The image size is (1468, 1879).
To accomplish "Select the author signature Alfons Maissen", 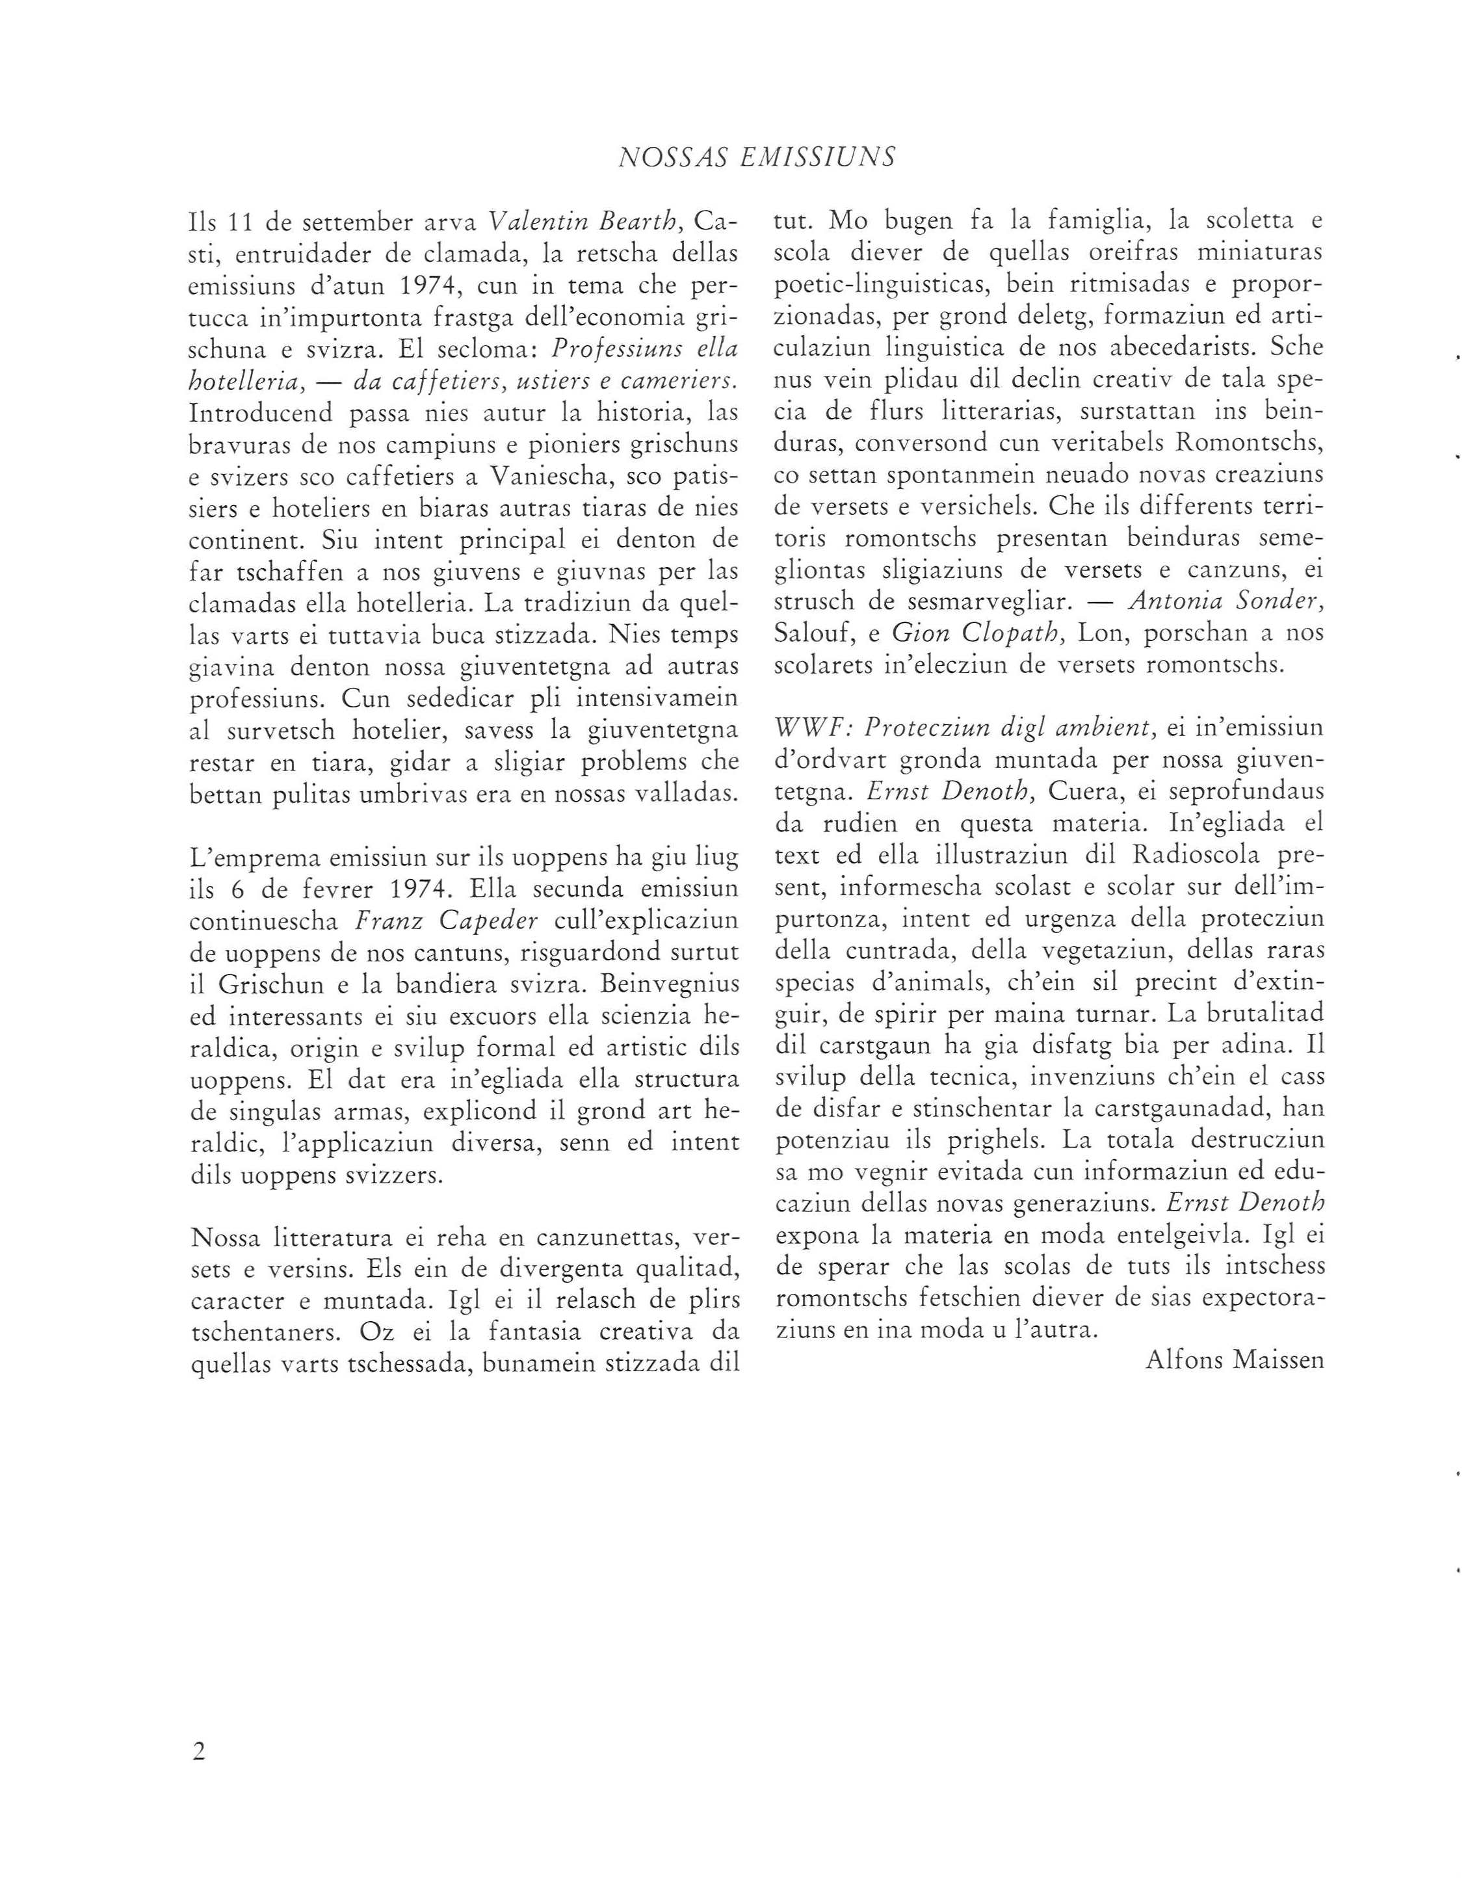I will click(x=1234, y=1360).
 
